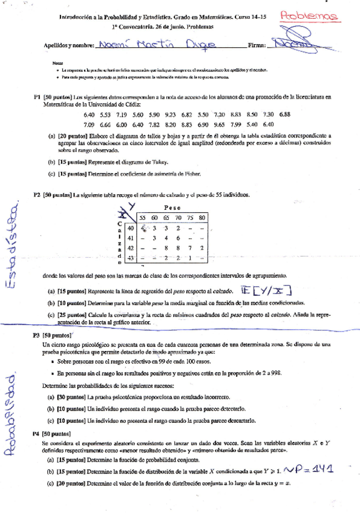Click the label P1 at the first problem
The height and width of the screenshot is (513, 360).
(37, 97)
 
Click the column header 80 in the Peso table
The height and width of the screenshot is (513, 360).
(201, 218)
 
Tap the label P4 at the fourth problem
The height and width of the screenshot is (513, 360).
(37, 434)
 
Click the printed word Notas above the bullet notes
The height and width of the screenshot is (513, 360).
(57, 63)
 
